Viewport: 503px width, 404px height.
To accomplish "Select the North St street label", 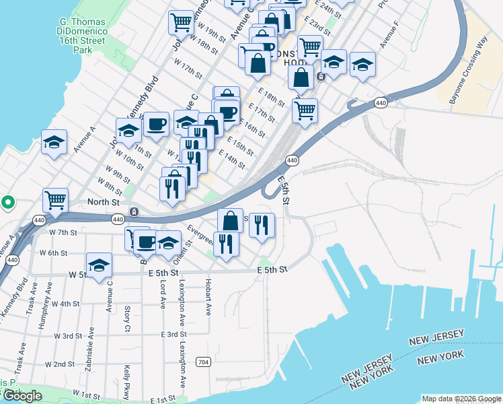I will click(x=104, y=201).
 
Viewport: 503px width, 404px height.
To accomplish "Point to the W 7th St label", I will click(x=64, y=232).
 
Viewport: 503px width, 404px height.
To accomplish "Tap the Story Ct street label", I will click(x=127, y=319).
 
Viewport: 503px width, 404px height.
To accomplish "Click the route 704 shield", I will click(x=202, y=362).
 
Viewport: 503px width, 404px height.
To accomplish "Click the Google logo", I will click(x=23, y=396).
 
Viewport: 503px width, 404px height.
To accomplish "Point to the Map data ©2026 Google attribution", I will click(x=461, y=399).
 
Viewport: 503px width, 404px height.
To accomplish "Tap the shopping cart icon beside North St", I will click(x=55, y=199).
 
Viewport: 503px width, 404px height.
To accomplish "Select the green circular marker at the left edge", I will click(x=7, y=201).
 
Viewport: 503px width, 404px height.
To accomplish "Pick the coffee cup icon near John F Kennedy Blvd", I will click(x=156, y=124).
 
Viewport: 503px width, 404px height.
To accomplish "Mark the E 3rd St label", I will click(x=173, y=335).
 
